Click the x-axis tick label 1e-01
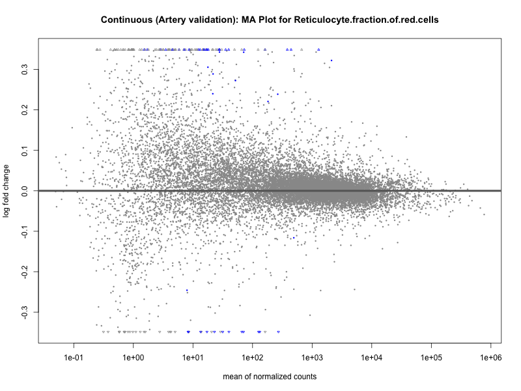tap(74, 358)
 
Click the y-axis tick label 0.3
tap(24, 69)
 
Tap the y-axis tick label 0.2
tap(24, 109)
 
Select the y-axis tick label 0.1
tap(24, 150)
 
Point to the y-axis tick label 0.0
tap(24, 190)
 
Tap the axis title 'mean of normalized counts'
tap(270, 377)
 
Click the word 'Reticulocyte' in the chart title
tap(322, 20)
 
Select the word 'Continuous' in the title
tap(126, 20)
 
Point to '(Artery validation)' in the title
tap(192, 20)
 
